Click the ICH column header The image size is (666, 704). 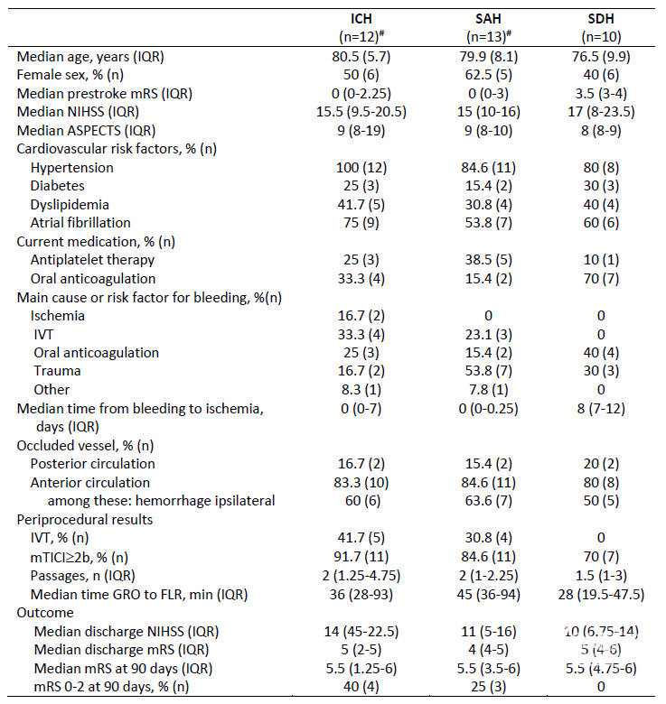point(361,19)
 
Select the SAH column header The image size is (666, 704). point(488,19)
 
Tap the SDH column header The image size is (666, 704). point(601,19)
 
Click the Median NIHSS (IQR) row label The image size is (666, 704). point(78,112)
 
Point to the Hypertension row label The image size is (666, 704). point(72,168)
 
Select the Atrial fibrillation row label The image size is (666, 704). point(80,223)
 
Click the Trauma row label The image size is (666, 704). point(57,371)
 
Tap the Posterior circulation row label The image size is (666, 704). point(92,464)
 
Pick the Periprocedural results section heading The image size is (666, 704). point(84,520)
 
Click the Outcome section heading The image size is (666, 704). point(45,613)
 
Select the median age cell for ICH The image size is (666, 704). point(361,57)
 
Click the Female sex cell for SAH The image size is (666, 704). point(489,75)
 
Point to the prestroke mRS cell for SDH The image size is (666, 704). point(601,94)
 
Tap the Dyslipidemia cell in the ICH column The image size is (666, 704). point(361,205)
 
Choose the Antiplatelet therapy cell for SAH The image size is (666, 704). point(489,260)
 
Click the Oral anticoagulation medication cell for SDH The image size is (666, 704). point(601,279)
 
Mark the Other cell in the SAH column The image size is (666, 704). point(489,390)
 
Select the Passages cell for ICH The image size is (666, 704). point(361,576)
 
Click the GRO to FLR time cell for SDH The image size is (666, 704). point(601,595)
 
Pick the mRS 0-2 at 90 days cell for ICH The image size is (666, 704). point(361,687)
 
